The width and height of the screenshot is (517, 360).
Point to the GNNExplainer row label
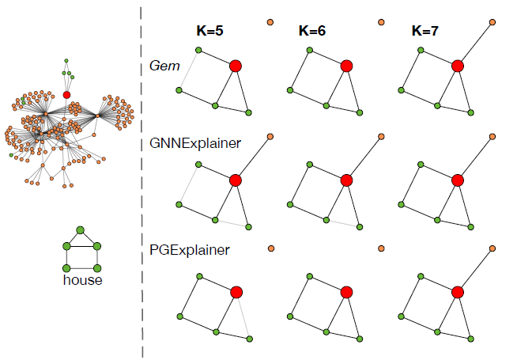(195, 143)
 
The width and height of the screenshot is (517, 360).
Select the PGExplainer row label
(190, 250)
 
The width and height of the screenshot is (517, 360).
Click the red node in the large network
(66, 95)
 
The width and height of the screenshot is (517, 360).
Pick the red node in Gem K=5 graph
(235, 66)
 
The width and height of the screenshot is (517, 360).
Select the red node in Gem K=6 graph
(346, 66)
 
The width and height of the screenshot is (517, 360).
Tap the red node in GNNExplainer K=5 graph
(235, 180)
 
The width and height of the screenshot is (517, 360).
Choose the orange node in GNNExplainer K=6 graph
(381, 137)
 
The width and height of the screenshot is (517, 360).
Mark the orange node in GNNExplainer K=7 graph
(492, 137)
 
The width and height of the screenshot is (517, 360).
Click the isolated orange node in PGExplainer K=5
(270, 248)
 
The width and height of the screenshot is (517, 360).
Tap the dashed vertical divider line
(142, 182)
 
